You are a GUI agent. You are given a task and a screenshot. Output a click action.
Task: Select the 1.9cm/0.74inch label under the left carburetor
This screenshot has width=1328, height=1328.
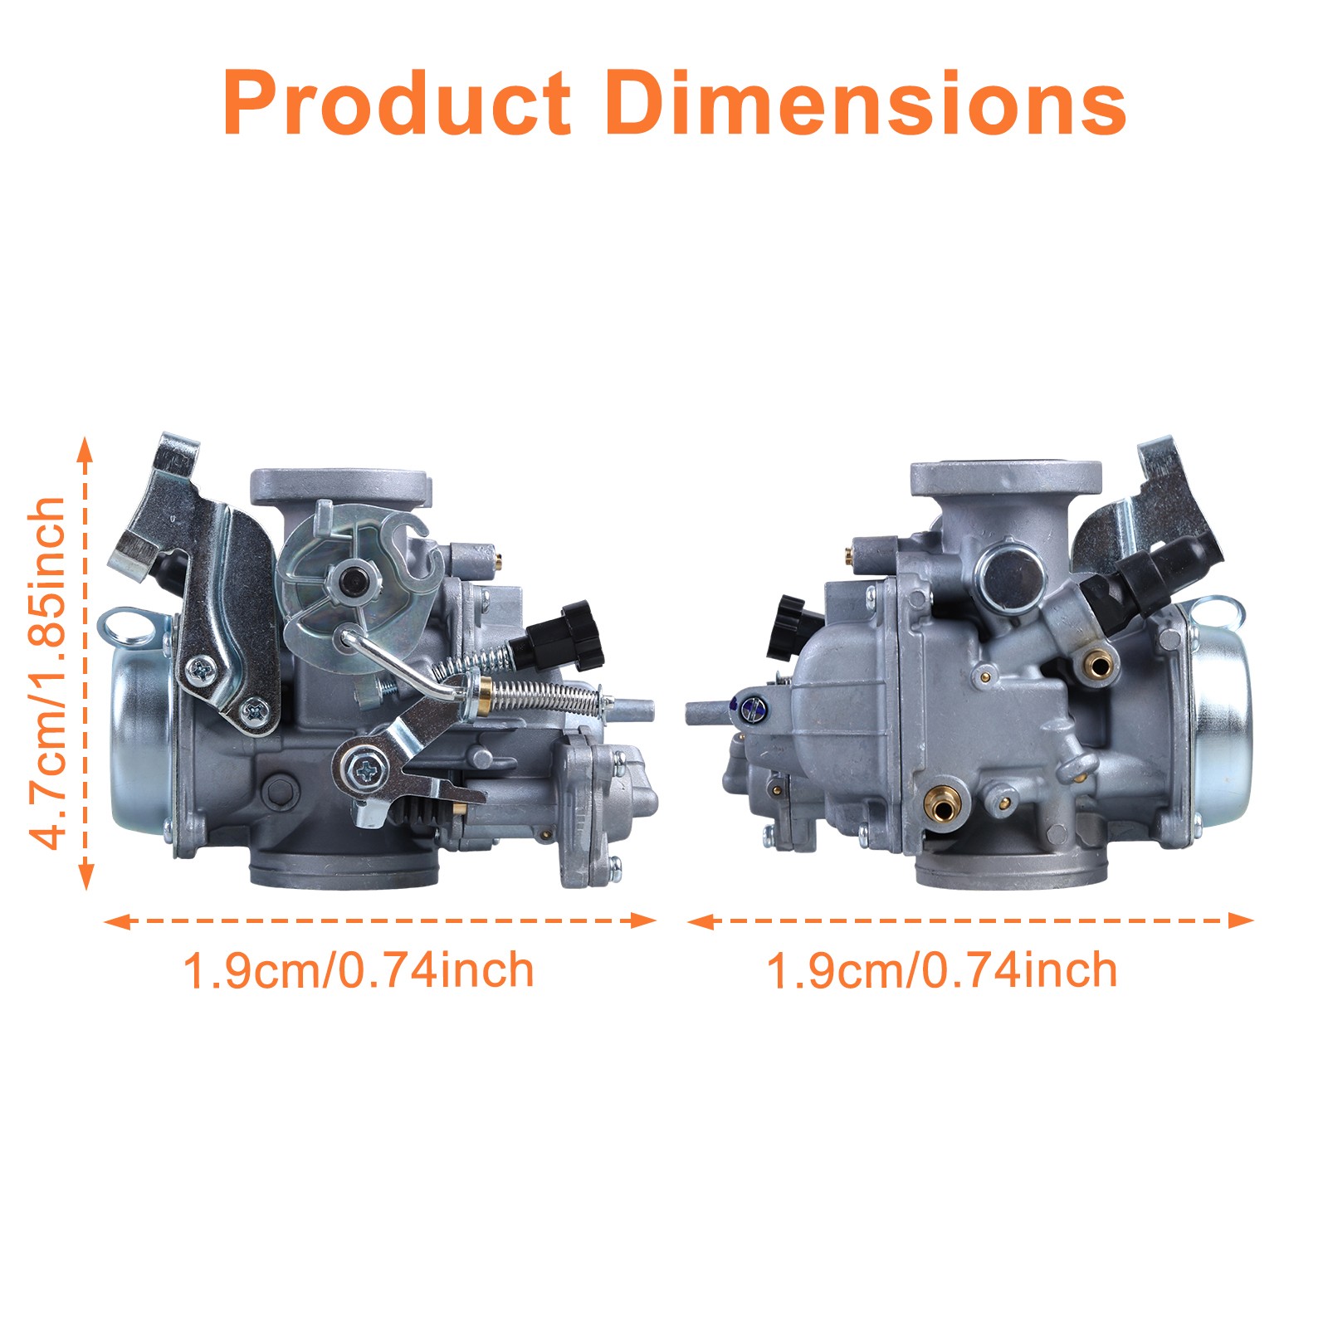coord(358,969)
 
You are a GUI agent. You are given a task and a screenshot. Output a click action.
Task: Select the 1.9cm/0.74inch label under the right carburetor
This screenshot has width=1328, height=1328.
coord(941,969)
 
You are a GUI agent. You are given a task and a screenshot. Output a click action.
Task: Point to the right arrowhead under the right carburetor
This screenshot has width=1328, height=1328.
coord(1241,920)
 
